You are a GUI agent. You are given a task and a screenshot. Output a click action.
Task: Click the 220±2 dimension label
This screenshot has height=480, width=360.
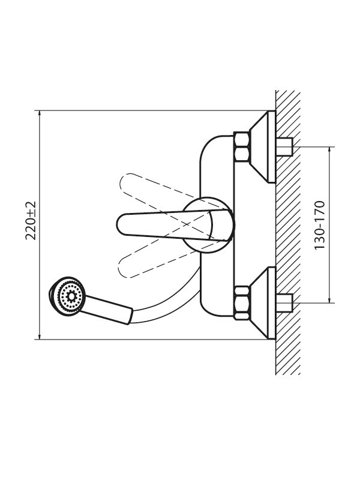[x=31, y=220]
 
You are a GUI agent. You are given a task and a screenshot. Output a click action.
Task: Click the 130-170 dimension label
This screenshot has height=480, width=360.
[x=319, y=224]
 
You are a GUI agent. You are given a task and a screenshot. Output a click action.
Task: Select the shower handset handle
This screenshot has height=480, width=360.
[x=107, y=309]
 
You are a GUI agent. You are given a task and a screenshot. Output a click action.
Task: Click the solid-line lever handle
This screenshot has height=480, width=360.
[x=175, y=225]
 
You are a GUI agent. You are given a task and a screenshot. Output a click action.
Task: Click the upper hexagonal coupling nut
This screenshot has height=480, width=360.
[x=242, y=147]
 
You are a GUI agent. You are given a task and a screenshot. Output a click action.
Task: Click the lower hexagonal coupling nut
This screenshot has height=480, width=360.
[x=242, y=303]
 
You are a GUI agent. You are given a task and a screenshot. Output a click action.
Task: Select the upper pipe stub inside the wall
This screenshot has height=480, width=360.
[x=284, y=147]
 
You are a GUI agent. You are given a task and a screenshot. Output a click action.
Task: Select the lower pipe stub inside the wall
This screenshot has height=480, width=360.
[x=284, y=303]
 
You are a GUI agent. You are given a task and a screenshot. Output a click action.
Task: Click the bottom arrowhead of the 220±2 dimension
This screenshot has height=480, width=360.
[x=40, y=336]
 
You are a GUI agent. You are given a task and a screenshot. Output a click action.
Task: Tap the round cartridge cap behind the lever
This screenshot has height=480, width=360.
[x=209, y=225]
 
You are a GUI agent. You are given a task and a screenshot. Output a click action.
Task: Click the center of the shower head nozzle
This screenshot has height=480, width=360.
[x=71, y=296]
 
